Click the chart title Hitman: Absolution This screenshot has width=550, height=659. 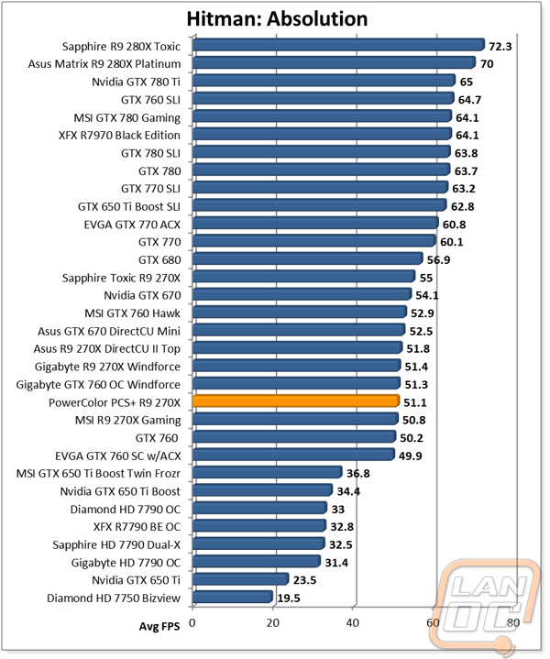[x=277, y=19]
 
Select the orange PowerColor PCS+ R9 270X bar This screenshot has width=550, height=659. [x=296, y=401]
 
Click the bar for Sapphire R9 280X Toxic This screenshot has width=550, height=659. [x=339, y=45]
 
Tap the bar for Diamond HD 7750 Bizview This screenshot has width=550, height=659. [x=233, y=597]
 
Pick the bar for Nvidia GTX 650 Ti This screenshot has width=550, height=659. [x=240, y=579]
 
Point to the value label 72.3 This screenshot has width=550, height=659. [x=500, y=46]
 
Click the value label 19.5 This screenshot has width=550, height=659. [x=289, y=599]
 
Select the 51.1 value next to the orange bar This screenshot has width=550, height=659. [x=415, y=402]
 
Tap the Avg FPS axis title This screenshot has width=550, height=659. [x=159, y=627]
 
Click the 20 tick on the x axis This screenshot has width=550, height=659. [x=272, y=622]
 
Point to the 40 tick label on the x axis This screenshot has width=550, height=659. [x=353, y=622]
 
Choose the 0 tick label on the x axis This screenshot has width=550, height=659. [x=192, y=622]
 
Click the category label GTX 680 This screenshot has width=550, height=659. [x=159, y=260]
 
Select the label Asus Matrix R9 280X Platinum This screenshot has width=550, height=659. [x=104, y=64]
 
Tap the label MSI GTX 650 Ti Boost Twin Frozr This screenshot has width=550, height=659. [x=98, y=474]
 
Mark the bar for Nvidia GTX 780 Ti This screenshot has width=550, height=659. [x=324, y=81]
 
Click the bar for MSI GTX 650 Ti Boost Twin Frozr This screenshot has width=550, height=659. [x=268, y=472]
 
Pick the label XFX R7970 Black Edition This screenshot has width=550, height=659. [x=119, y=136]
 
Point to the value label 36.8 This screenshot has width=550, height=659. [x=358, y=474]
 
